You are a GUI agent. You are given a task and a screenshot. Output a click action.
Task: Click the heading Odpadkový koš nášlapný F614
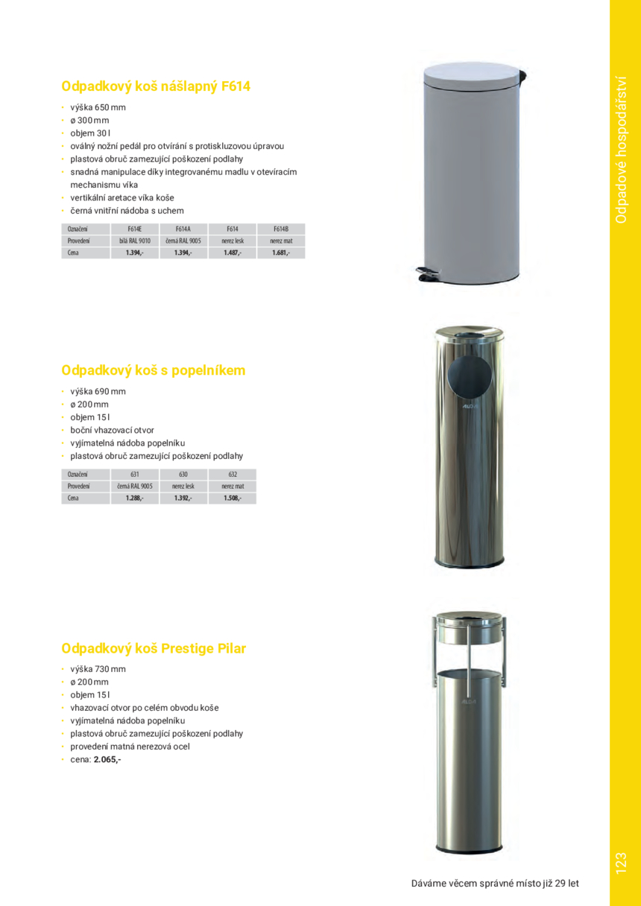(x=156, y=86)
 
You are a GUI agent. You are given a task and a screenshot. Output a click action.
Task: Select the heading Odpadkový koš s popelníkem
(x=154, y=370)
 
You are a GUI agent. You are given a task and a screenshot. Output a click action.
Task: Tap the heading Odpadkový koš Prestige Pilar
(x=154, y=648)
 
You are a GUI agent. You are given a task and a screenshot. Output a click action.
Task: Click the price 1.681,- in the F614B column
(x=280, y=253)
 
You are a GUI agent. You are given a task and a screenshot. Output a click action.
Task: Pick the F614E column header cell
(x=134, y=229)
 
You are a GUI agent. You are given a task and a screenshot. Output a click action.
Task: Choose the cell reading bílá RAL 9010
(x=134, y=241)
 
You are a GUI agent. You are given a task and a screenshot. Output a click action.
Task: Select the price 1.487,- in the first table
(x=232, y=253)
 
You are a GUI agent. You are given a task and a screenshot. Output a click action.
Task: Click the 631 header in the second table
(x=134, y=474)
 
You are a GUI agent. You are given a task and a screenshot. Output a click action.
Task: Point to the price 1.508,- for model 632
(x=232, y=498)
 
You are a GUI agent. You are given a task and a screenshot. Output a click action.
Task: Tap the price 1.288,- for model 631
(x=134, y=498)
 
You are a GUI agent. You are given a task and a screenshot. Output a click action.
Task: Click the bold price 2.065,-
(x=107, y=759)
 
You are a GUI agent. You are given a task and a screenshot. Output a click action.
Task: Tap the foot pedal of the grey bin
(x=429, y=275)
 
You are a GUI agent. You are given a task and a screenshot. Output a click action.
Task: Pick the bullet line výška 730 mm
(x=98, y=668)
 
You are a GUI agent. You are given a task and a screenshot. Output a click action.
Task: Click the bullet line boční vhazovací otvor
(x=112, y=430)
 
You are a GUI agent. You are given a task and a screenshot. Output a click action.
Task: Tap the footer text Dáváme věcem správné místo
(x=495, y=884)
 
